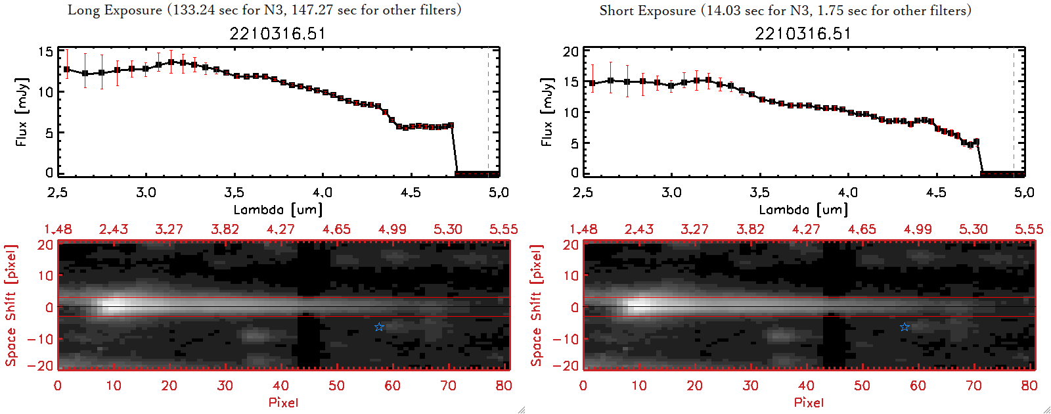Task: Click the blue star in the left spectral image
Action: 379,327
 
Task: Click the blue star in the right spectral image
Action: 905,327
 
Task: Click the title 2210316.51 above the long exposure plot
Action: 277,34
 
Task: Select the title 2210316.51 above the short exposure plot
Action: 803,34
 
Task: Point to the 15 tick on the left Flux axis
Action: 45,52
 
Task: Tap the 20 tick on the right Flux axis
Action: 571,52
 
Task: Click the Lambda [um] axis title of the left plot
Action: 278,210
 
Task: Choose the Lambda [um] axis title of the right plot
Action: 803,210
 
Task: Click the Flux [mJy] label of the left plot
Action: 22,112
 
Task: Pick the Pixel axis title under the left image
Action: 283,402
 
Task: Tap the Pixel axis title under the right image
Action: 809,402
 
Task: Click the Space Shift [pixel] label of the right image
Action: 537,306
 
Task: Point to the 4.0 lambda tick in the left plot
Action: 322,193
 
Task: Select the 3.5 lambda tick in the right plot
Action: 759,193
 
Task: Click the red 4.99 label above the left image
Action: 392,229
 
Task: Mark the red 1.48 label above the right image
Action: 583,229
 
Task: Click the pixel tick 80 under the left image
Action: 504,386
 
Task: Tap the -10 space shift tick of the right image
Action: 566,339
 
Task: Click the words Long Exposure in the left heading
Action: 115,10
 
